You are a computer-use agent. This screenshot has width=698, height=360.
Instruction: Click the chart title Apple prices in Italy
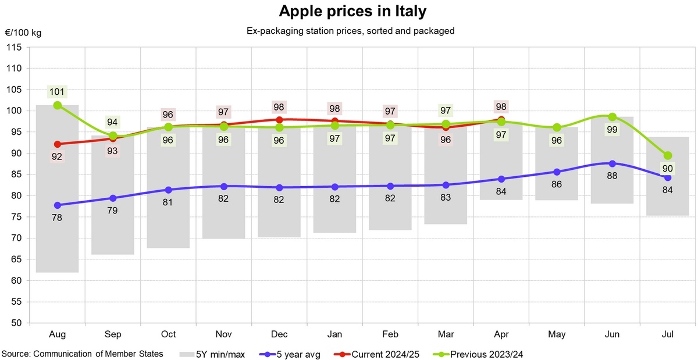pyautogui.click(x=348, y=11)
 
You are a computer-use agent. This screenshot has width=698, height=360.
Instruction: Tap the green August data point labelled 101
pyautogui.click(x=58, y=105)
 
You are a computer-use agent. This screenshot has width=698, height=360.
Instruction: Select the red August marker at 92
pyautogui.click(x=58, y=144)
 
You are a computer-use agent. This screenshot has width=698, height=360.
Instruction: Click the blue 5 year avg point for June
pyautogui.click(x=612, y=163)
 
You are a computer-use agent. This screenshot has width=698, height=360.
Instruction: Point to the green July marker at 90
pyautogui.click(x=668, y=155)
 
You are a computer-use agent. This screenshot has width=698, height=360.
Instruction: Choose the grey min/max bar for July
pyautogui.click(x=668, y=198)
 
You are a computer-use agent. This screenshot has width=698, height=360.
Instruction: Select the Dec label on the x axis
pyautogui.click(x=279, y=334)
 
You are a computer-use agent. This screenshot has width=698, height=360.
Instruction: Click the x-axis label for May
pyautogui.click(x=557, y=334)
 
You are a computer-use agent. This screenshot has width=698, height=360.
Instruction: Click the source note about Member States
pyautogui.click(x=82, y=353)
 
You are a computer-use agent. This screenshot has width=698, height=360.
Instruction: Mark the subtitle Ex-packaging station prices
pyautogui.click(x=350, y=31)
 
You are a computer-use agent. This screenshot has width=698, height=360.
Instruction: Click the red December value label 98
pyautogui.click(x=279, y=107)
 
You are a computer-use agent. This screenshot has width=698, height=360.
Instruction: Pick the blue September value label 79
pyautogui.click(x=113, y=211)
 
